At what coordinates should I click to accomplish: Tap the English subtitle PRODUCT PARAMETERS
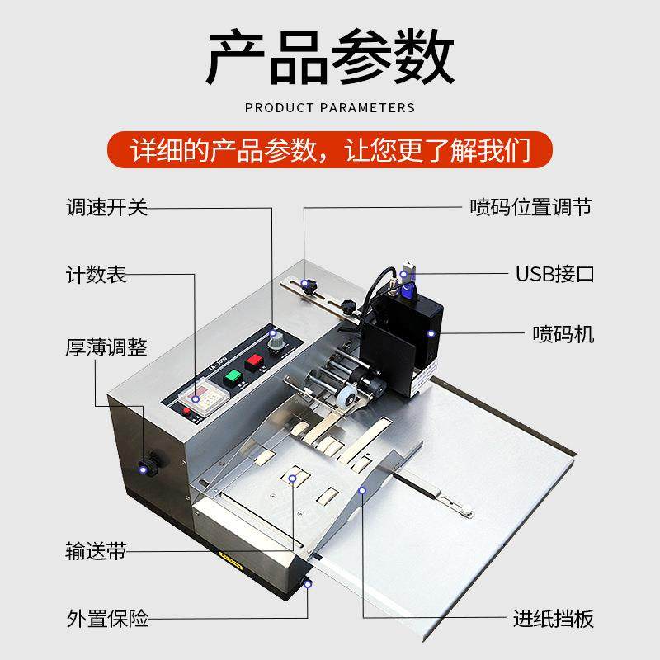330,107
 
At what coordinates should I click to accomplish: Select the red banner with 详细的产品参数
330,151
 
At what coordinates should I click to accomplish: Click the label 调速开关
106,207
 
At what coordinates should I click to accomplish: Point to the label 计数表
97,275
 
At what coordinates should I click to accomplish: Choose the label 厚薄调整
106,347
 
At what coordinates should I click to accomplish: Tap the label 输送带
97,551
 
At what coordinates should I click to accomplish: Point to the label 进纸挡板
554,618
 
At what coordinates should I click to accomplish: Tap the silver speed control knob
275,339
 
